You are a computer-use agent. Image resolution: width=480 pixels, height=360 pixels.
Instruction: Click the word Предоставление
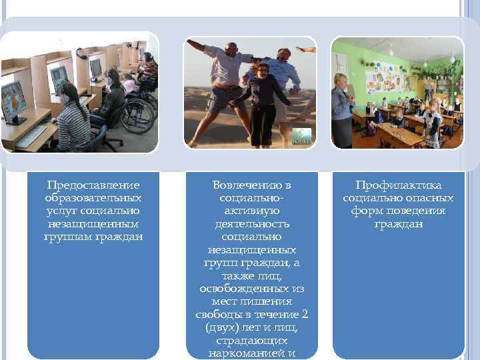93,185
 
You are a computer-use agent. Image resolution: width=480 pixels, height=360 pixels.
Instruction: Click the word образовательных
93,198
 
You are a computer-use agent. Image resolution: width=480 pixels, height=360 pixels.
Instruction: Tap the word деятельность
251,224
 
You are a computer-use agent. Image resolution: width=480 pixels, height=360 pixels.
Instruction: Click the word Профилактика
398,185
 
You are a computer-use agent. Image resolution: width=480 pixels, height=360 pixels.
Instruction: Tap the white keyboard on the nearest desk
30,137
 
